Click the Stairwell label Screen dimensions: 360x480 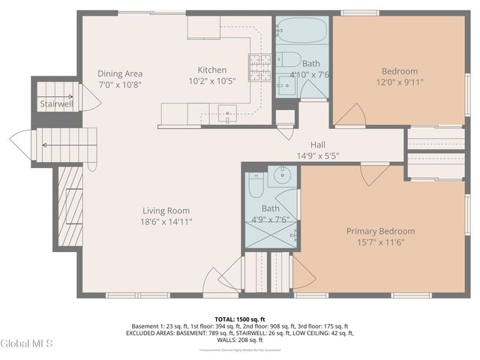(55, 103)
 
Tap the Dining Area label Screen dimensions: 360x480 (120, 73)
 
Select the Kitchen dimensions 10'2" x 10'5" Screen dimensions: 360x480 (211, 81)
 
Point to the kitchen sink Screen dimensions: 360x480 (226, 115)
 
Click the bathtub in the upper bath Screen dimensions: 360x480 (301, 34)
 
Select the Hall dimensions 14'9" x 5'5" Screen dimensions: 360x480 (318, 156)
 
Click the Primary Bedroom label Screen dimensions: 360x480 (380, 231)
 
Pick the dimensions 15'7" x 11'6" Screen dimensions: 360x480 (380, 242)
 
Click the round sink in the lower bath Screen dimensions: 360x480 (283, 178)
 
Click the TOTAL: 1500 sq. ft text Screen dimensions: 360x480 (240, 318)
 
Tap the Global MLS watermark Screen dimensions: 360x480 (27, 343)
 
